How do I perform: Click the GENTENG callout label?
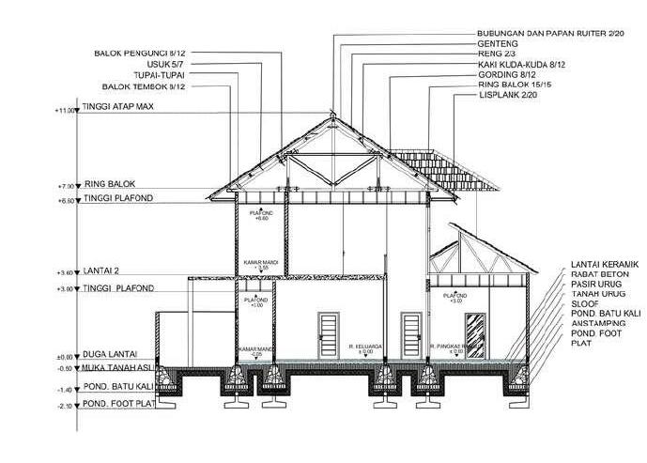[497, 43]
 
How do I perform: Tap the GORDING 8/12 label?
[505, 74]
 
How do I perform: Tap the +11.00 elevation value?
[65, 110]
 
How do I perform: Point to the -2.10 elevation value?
[65, 406]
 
